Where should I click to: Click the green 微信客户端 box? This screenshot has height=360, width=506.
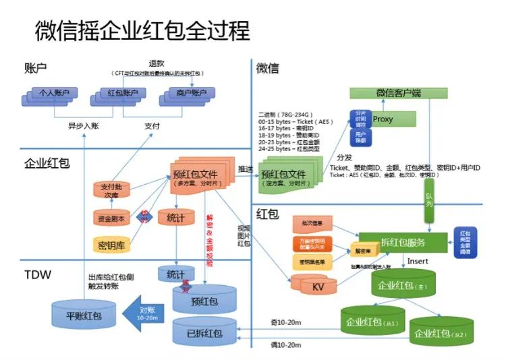(397, 93)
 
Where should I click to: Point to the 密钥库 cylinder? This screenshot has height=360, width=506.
(111, 243)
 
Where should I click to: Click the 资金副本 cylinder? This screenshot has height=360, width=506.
(111, 217)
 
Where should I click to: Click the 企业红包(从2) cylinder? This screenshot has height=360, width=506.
(441, 332)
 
